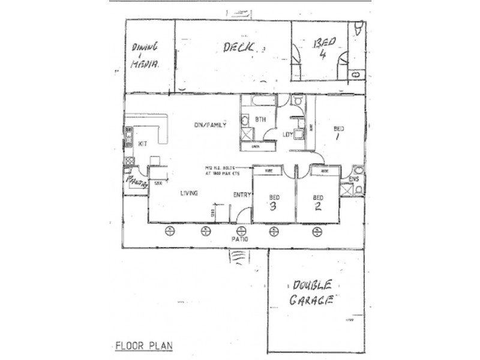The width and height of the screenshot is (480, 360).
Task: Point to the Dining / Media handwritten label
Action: pos(145,55)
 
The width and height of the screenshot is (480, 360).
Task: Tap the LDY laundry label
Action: pos(288,134)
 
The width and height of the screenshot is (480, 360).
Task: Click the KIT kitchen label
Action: pos(142,144)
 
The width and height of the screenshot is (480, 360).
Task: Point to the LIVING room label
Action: pos(190,193)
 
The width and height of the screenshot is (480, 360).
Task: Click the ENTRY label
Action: pos(242,194)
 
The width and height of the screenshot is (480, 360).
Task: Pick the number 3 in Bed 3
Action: pos(273,208)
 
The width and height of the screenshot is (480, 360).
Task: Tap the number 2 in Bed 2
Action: pos(317,208)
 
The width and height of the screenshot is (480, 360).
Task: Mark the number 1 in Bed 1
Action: pos(338,137)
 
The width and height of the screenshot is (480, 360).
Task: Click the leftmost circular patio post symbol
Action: pos(170,230)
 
